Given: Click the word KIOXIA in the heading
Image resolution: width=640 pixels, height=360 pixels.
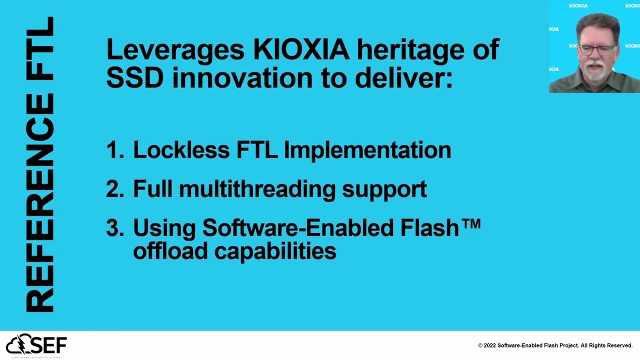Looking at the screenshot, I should click(x=301, y=50).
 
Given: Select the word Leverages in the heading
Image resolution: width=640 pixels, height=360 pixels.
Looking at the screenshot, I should click(x=175, y=50).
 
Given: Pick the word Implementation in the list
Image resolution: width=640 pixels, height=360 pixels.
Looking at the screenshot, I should click(x=367, y=150).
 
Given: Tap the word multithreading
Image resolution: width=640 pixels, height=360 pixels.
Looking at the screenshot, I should click(x=257, y=189).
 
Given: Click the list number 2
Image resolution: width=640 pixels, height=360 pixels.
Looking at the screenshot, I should click(x=114, y=189).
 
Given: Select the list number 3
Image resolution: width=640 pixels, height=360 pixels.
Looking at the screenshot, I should click(x=114, y=228).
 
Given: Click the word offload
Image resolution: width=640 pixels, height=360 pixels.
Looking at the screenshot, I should click(x=170, y=250).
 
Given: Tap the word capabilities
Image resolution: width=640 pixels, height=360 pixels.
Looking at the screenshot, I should click(x=275, y=250).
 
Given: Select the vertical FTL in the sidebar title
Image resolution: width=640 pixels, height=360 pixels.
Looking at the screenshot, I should click(x=40, y=50).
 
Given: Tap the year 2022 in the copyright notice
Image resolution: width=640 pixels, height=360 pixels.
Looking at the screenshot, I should click(x=490, y=345).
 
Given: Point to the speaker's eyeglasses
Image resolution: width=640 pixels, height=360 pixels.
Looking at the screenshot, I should click(x=597, y=49).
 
